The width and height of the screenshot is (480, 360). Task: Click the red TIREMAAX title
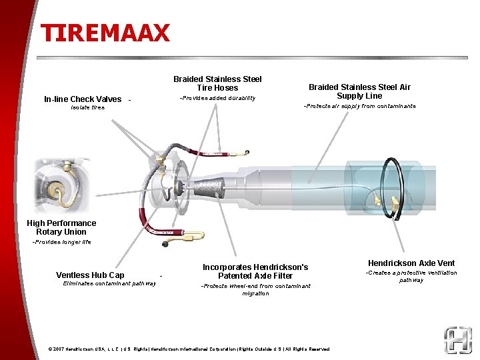click(105, 33)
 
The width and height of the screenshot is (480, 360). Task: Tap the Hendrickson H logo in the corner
click(458, 340)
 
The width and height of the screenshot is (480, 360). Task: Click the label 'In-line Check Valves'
click(83, 99)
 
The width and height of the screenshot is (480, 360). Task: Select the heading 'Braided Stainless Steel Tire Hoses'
click(217, 83)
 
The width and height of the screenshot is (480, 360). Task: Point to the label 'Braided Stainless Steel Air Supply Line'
click(359, 91)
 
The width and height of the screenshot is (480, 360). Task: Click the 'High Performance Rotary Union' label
click(61, 227)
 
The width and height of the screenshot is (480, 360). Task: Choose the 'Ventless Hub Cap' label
click(90, 275)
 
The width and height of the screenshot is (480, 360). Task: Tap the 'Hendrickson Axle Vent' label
click(411, 263)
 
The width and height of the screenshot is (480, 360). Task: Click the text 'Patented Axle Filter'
click(255, 276)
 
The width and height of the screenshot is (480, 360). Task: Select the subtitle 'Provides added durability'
click(217, 98)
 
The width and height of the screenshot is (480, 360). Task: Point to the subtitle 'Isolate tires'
click(87, 107)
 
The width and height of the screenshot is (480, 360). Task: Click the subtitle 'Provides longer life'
click(61, 242)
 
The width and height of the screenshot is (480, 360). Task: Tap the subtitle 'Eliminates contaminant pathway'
click(109, 284)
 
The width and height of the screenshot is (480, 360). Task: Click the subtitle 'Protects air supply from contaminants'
click(360, 106)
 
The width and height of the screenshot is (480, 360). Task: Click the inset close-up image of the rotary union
click(62, 185)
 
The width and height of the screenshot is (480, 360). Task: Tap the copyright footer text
click(189, 349)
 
